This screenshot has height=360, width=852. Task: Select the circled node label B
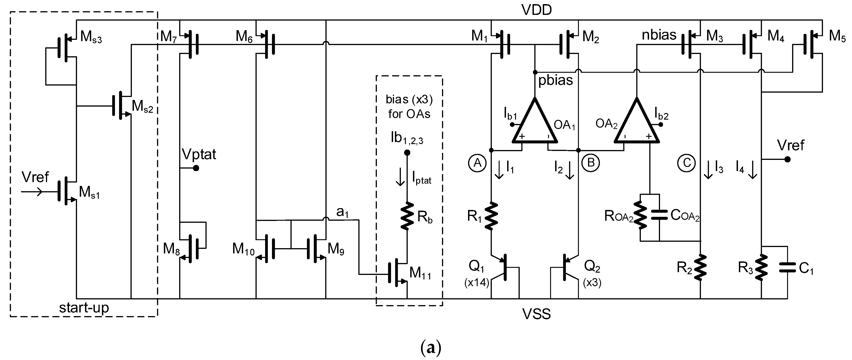click(591, 163)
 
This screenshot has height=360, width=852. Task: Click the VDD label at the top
click(536, 10)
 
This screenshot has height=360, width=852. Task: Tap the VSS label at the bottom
click(536, 314)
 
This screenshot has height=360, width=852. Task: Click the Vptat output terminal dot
click(196, 168)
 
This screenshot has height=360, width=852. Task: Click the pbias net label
click(556, 81)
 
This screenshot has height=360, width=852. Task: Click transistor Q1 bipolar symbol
click(503, 267)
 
